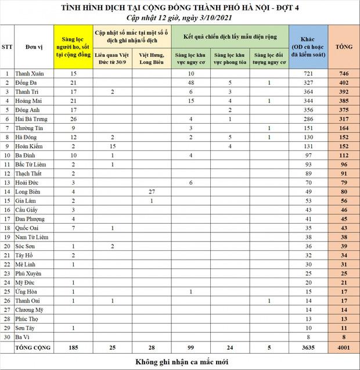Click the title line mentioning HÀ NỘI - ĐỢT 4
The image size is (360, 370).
[x=180, y=7]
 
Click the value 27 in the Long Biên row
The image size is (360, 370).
[x=152, y=192]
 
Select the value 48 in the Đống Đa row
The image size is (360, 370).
[x=190, y=82]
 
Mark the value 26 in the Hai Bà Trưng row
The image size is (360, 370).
[x=73, y=119]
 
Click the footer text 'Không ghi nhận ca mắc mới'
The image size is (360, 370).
[x=180, y=362]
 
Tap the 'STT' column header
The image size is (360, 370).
[x=7, y=45]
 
